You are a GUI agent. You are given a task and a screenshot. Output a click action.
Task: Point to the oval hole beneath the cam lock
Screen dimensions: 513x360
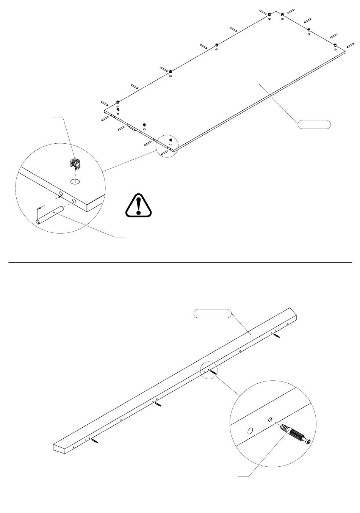click(75, 181)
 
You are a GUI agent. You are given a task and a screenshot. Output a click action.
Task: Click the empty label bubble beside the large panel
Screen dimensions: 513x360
click(314, 124)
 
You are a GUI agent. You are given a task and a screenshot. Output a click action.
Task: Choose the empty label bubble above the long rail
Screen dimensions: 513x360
click(212, 313)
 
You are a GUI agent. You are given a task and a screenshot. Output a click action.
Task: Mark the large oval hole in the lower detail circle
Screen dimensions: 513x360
click(250, 431)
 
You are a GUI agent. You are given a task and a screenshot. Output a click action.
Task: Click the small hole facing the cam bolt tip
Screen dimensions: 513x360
click(269, 419)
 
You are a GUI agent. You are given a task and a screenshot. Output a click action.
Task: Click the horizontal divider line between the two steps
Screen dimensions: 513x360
click(180, 262)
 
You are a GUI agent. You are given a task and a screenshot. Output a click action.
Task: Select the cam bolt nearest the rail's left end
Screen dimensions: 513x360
click(94, 441)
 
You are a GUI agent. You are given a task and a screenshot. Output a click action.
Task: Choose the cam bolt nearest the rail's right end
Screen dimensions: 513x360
click(277, 336)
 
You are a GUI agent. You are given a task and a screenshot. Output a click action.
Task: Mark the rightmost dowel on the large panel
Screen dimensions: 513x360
click(350, 46)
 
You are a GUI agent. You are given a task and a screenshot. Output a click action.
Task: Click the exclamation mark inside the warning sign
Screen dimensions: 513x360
click(140, 205)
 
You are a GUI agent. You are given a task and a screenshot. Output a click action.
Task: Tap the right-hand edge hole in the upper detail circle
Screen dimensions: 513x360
click(74, 201)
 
